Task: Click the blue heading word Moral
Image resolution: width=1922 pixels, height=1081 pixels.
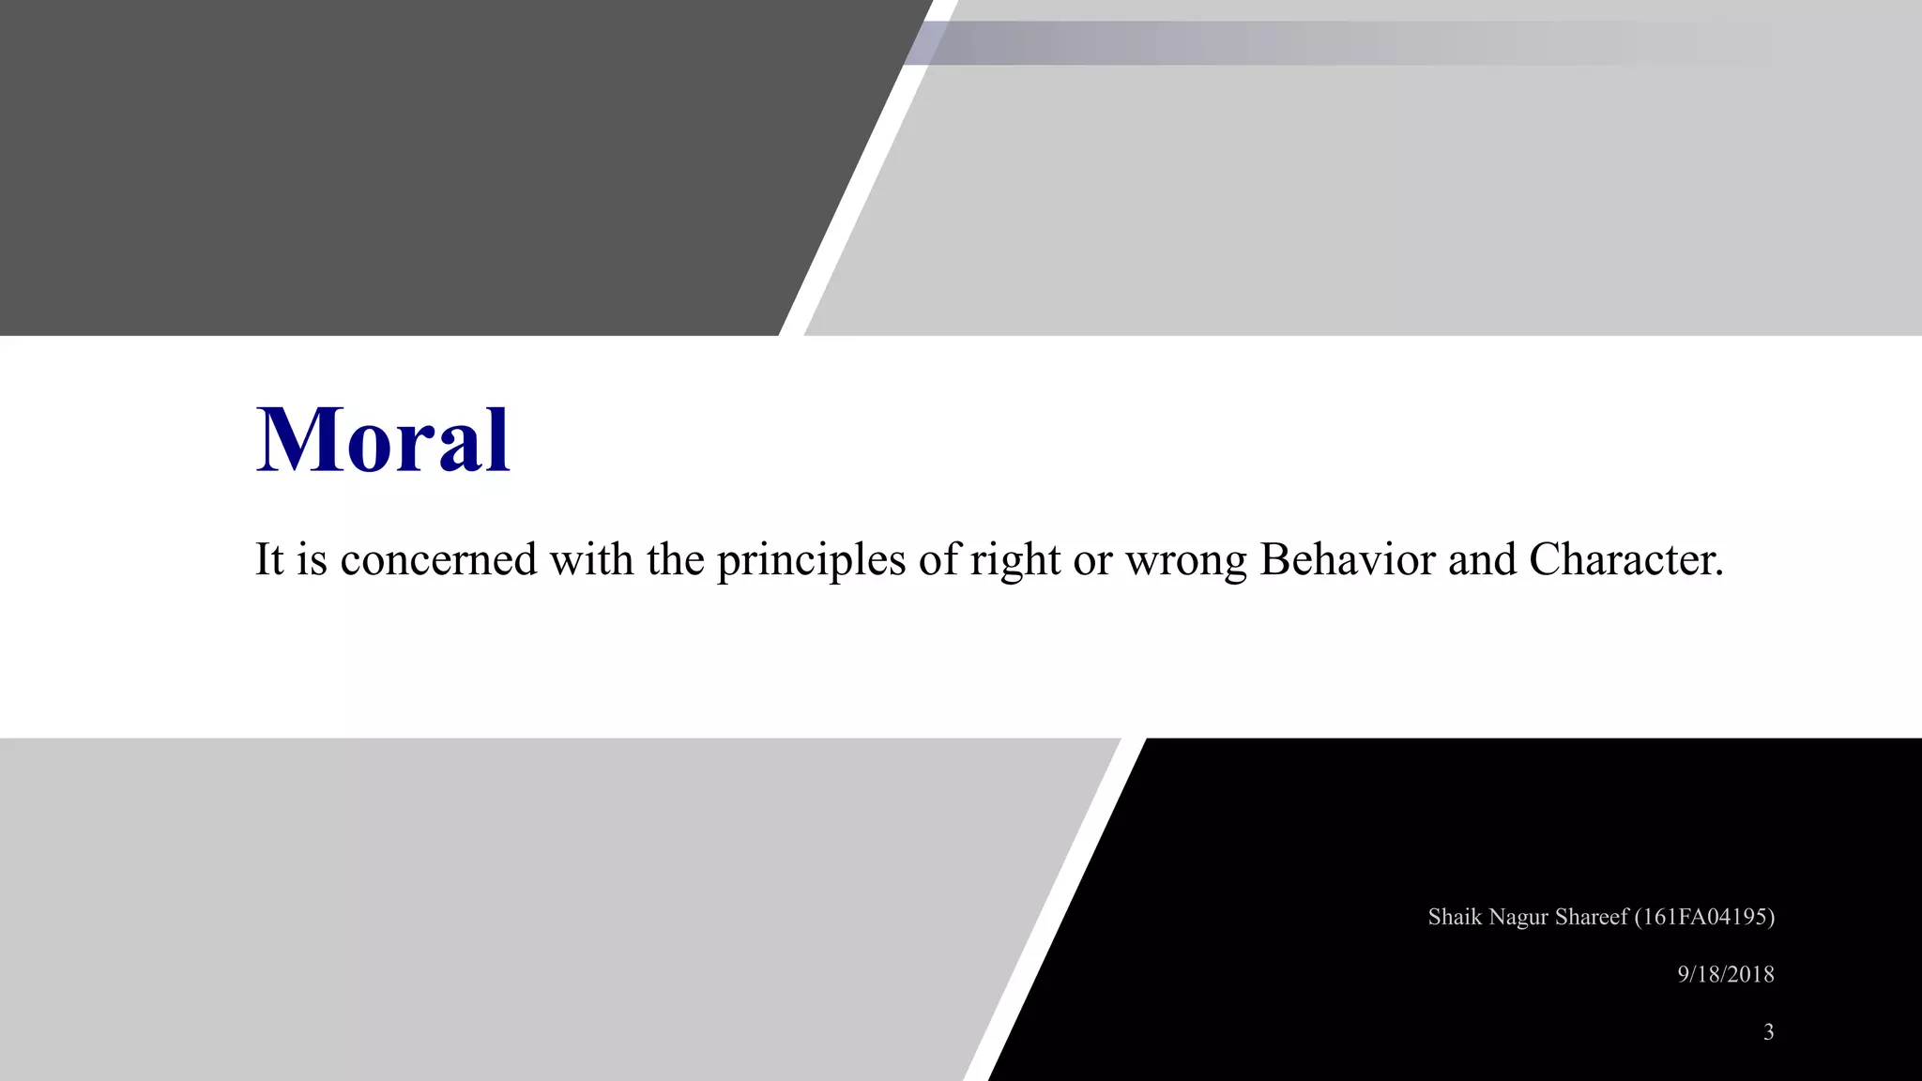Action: pos(383,439)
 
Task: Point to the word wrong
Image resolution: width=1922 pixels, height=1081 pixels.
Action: pos(1186,561)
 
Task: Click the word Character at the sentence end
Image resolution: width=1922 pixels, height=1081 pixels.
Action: pos(1625,559)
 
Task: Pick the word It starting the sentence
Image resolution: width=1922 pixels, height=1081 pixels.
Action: pos(269,559)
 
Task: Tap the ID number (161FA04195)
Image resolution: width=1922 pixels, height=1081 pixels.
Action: pos(1704,917)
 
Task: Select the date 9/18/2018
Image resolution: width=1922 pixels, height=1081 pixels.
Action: pos(1725,974)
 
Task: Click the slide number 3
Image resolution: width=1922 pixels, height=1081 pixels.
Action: pos(1768,1032)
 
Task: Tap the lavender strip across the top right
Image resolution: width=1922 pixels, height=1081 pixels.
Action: pos(1314,43)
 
